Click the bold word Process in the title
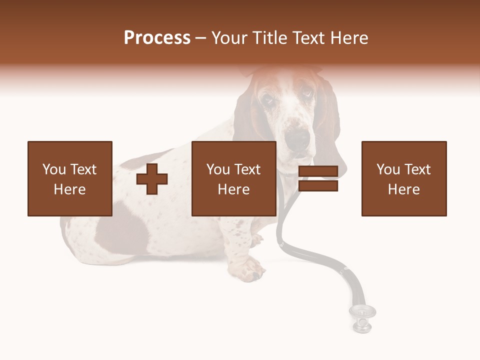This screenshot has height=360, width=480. pos(157,38)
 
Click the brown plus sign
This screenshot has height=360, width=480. pos(152,178)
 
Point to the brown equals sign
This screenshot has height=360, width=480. pos(318,178)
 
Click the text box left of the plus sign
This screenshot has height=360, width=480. pos(70,178)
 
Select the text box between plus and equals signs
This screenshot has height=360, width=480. pos(234,178)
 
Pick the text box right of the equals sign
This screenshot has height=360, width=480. pos(404,178)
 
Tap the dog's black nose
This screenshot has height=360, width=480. pos(299,136)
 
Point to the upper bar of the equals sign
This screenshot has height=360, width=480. pos(318,171)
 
